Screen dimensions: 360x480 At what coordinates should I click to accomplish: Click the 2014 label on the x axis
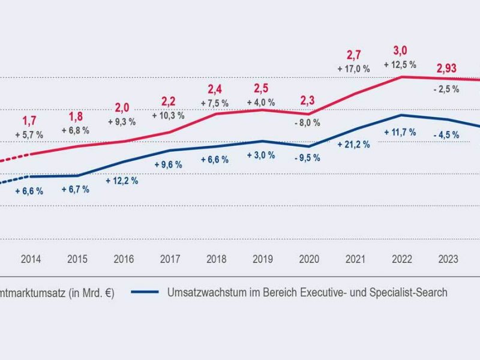click(31, 259)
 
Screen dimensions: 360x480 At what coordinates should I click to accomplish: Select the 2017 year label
click(170, 259)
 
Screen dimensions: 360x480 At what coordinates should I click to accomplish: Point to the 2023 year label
click(448, 259)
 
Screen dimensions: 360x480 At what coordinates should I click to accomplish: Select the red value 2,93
click(446, 68)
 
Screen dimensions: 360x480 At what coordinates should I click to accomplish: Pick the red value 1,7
click(29, 121)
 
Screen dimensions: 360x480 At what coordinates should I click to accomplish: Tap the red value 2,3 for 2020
click(308, 101)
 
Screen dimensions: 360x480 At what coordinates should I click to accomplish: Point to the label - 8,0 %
click(308, 122)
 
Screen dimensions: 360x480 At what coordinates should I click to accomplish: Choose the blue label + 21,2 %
click(354, 145)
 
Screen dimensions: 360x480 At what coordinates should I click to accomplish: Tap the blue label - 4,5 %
click(446, 135)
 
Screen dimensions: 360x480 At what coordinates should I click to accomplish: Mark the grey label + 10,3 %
click(169, 115)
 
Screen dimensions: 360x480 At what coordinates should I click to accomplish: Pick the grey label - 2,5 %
click(446, 89)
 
